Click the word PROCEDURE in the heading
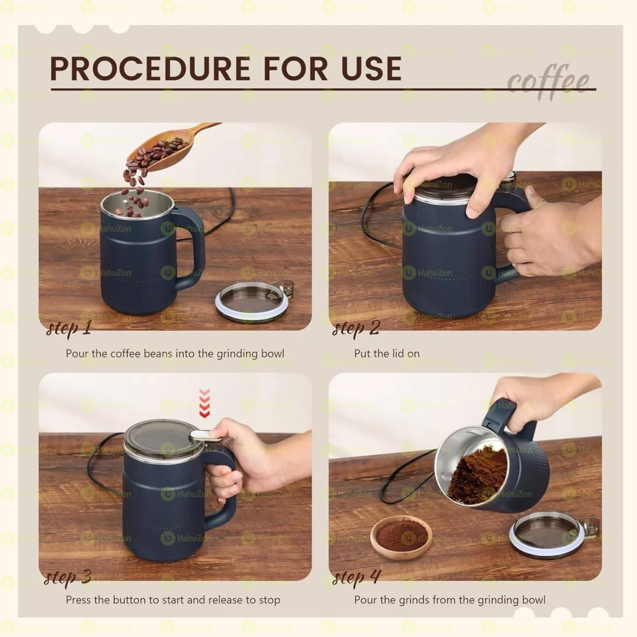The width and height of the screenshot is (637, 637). click(151, 69)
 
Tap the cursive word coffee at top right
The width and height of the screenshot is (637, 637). click(548, 81)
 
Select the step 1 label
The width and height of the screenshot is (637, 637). click(68, 328)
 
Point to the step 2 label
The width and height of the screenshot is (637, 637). click(356, 328)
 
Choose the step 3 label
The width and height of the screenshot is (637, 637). click(68, 576)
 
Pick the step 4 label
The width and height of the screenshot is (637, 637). click(357, 576)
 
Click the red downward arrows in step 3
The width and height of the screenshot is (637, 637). click(204, 403)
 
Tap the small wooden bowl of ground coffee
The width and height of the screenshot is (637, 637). click(401, 537)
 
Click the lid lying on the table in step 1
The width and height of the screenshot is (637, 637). click(252, 301)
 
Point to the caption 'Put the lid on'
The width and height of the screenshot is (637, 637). click(387, 354)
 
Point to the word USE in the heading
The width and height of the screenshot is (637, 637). click(369, 69)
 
